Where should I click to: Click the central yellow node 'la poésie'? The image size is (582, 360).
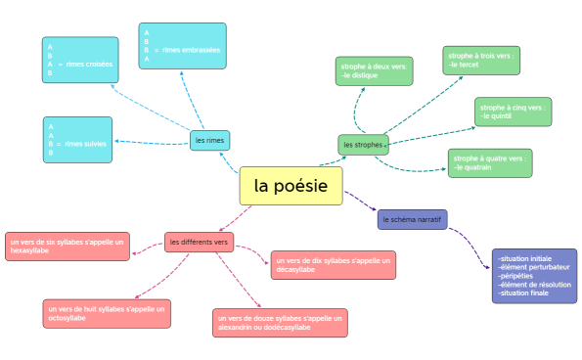291,186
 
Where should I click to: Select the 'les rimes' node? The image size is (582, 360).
209,141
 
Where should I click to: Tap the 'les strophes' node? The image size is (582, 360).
362,145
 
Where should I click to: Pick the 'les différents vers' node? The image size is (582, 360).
199,242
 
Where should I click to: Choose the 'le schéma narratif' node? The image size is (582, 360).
412,220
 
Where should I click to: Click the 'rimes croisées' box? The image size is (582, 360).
80,61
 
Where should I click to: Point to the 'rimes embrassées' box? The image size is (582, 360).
182,47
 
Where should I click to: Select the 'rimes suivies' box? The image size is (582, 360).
77,140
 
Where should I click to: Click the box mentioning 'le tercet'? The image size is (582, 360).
481,61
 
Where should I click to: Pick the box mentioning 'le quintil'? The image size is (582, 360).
514,112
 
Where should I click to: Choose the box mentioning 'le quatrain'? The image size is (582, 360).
489,162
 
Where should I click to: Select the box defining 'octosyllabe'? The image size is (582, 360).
107,313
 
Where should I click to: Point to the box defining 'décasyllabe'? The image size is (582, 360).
333,264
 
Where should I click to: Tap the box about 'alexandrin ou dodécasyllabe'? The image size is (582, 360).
280,323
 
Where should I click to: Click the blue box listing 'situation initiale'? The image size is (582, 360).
534,276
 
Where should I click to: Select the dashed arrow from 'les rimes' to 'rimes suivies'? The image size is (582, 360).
152,141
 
